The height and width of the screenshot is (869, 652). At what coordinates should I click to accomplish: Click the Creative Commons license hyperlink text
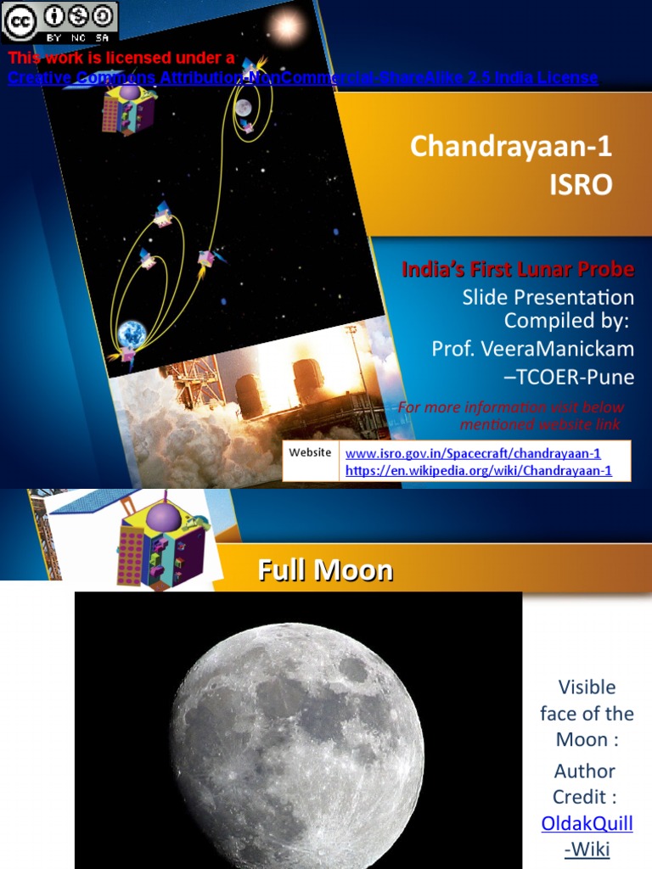click(303, 77)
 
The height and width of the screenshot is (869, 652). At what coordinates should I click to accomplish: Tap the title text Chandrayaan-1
click(510, 146)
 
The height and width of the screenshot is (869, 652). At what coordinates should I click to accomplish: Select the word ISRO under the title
click(581, 184)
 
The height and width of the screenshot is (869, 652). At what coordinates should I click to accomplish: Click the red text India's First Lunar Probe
click(518, 269)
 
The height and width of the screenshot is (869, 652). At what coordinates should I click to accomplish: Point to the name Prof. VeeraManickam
click(533, 349)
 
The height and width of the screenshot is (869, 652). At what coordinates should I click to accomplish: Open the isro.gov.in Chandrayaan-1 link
click(473, 453)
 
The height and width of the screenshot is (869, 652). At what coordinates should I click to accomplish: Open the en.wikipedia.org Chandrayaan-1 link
click(479, 470)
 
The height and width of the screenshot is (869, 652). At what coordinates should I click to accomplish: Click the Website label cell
click(311, 460)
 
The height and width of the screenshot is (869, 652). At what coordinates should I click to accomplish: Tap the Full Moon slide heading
click(325, 569)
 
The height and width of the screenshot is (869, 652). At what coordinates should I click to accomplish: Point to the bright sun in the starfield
click(286, 25)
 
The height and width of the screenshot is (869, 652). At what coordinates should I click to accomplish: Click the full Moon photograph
click(298, 731)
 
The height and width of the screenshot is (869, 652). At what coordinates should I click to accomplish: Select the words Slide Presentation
click(548, 297)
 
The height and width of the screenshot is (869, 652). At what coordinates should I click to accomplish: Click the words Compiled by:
click(566, 320)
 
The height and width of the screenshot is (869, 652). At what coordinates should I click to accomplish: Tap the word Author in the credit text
click(584, 771)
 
